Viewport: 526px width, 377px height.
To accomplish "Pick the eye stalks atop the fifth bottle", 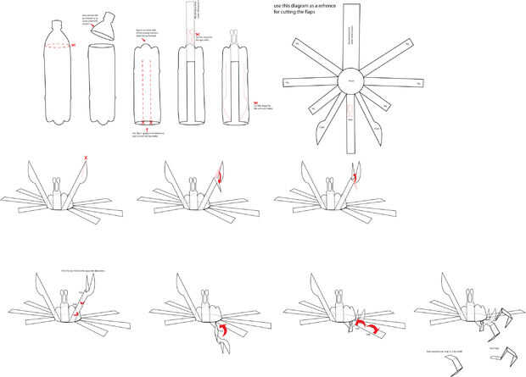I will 232,38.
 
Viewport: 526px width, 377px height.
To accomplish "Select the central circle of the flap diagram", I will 351,80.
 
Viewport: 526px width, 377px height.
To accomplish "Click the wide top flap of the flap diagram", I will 350,38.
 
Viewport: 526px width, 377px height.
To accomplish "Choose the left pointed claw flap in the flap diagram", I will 325,124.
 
